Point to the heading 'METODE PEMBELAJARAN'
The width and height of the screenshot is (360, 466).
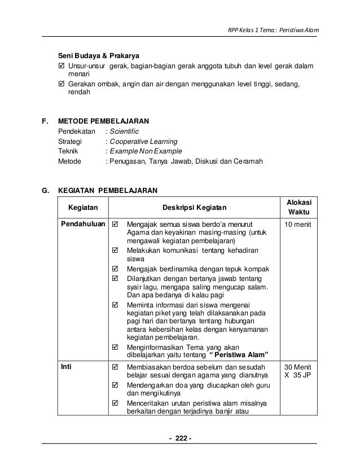(104, 121)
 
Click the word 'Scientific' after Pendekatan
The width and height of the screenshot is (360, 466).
(122, 131)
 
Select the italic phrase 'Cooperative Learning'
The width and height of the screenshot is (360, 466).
(143, 141)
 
